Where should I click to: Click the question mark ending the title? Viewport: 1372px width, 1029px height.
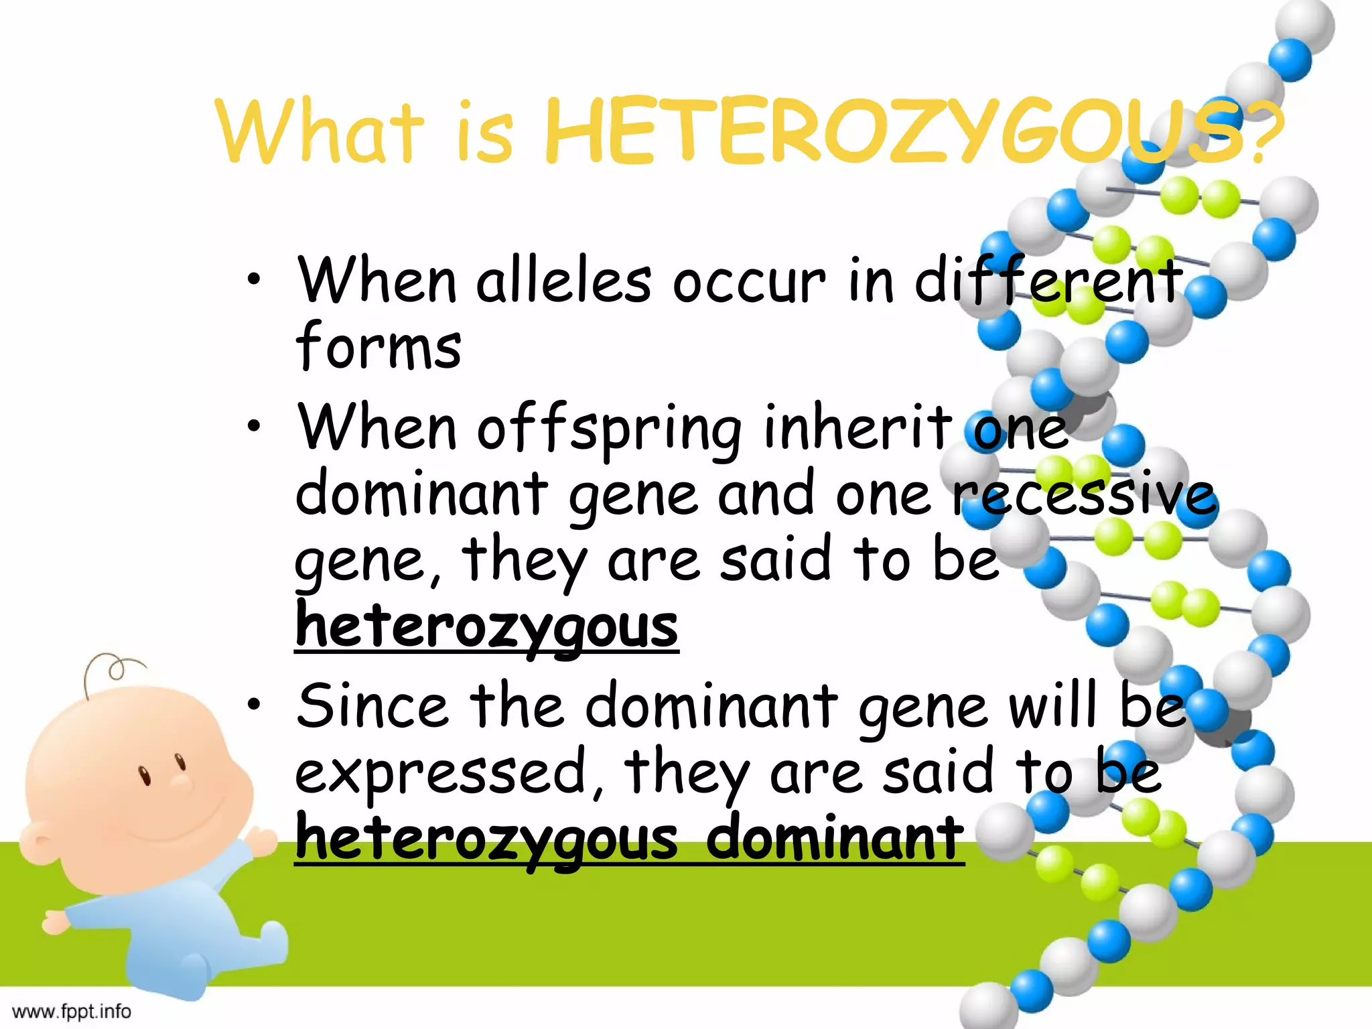click(x=1266, y=134)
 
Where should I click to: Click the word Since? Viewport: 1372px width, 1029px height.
click(x=372, y=707)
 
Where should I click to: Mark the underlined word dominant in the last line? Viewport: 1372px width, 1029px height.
click(x=835, y=839)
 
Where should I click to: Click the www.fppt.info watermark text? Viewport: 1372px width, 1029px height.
click(x=72, y=1011)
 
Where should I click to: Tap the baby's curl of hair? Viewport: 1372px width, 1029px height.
click(x=111, y=670)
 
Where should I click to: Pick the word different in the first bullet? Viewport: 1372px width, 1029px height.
click(x=1048, y=280)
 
